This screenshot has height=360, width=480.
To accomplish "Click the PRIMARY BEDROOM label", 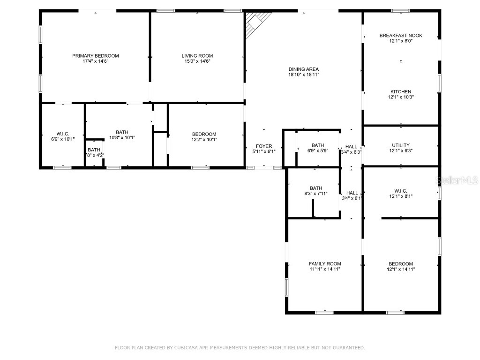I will pyautogui.click(x=95, y=56).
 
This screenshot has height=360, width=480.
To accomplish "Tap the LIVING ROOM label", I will pyautogui.click(x=197, y=56).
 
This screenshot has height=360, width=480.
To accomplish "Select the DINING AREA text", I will pyautogui.click(x=303, y=69).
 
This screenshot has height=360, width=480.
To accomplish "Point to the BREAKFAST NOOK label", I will pyautogui.click(x=401, y=36).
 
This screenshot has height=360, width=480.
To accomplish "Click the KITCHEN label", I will pyautogui.click(x=401, y=92).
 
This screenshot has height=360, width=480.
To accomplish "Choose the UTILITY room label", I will pyautogui.click(x=401, y=145).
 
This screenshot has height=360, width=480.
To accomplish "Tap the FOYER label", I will pyautogui.click(x=263, y=146).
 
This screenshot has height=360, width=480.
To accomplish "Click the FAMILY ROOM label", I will pyautogui.click(x=324, y=264).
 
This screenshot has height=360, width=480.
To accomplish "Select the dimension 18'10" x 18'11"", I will pyautogui.click(x=303, y=75).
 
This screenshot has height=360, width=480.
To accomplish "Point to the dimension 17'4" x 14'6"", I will pyautogui.click(x=95, y=61).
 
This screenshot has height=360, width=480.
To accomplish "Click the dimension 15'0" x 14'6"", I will pyautogui.click(x=197, y=61).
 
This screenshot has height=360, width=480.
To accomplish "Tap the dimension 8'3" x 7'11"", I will pyautogui.click(x=315, y=194).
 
